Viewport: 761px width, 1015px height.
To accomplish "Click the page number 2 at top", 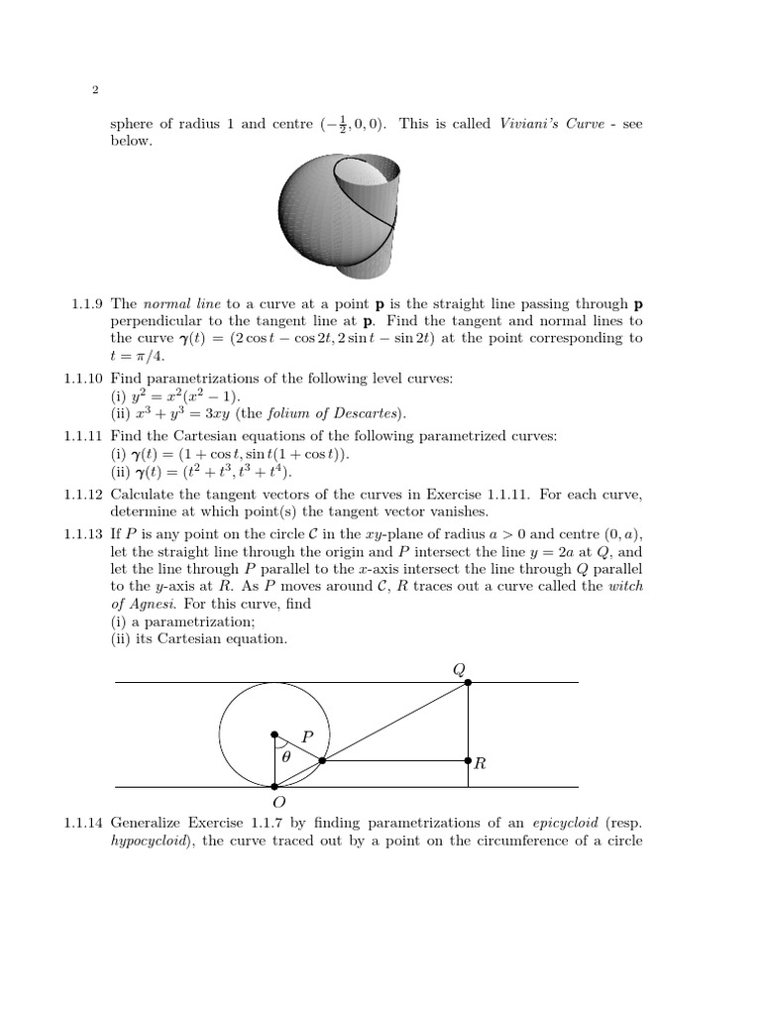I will pos(94,91).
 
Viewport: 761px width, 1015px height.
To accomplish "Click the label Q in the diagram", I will pos(458,668).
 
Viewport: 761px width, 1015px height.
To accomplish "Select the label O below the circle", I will pos(278,801).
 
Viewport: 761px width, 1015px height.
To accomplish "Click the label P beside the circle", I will pos(307,737).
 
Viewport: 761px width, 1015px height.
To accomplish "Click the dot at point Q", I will pos(468,683).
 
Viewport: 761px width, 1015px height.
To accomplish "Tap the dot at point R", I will pos(468,761).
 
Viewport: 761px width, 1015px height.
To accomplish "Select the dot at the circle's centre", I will pos(275,734).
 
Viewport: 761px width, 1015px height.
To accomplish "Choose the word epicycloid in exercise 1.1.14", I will pos(563,822).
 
